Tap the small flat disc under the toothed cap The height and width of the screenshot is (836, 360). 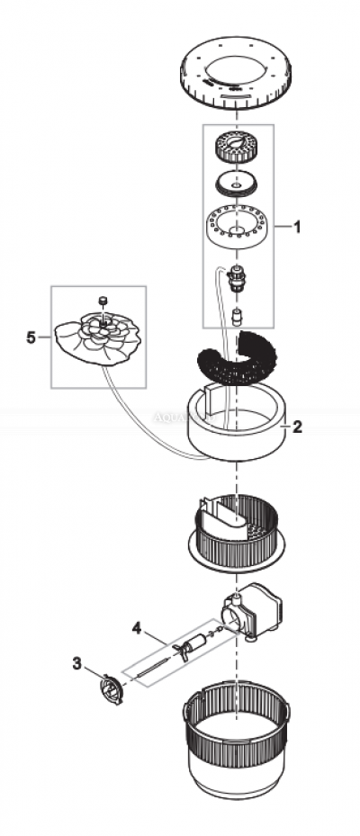point(237,184)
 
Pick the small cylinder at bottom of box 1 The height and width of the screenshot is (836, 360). point(238,315)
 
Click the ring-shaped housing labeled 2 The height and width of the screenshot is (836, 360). point(236,432)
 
